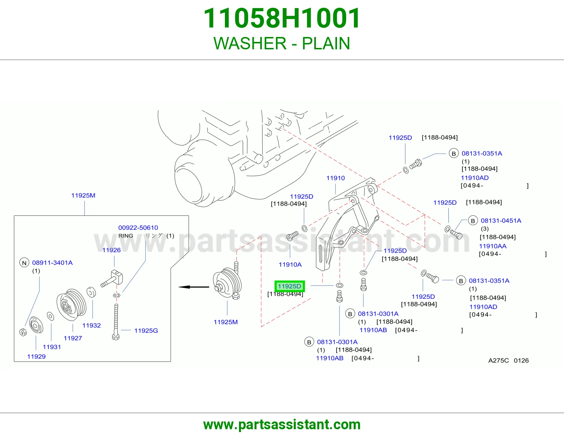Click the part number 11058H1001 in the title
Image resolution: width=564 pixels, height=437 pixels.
(282, 18)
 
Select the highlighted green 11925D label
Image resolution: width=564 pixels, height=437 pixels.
(289, 286)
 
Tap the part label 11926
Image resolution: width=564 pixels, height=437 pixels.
(111, 250)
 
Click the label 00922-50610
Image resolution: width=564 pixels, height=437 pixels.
(138, 228)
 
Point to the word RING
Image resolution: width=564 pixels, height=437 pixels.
(125, 236)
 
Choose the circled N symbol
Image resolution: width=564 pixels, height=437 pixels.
(24, 263)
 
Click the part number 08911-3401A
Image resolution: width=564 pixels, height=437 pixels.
(53, 263)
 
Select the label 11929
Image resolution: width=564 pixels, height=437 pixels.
(36, 356)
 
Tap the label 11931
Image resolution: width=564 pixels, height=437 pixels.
(52, 347)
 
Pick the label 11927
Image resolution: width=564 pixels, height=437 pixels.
(73, 338)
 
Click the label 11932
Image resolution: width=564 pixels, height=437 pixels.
(91, 325)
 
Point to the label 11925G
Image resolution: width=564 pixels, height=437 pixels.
(146, 330)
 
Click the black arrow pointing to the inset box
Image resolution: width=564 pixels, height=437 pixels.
(194, 287)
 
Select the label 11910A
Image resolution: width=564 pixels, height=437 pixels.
(290, 264)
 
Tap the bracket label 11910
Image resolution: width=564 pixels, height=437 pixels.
(336, 178)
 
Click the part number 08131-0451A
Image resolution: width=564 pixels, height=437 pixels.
(501, 221)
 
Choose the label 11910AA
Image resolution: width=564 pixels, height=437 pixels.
(493, 246)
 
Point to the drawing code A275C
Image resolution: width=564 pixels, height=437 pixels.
(498, 361)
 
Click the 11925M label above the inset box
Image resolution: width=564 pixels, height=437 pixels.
(83, 195)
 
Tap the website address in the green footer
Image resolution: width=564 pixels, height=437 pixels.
(282, 425)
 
